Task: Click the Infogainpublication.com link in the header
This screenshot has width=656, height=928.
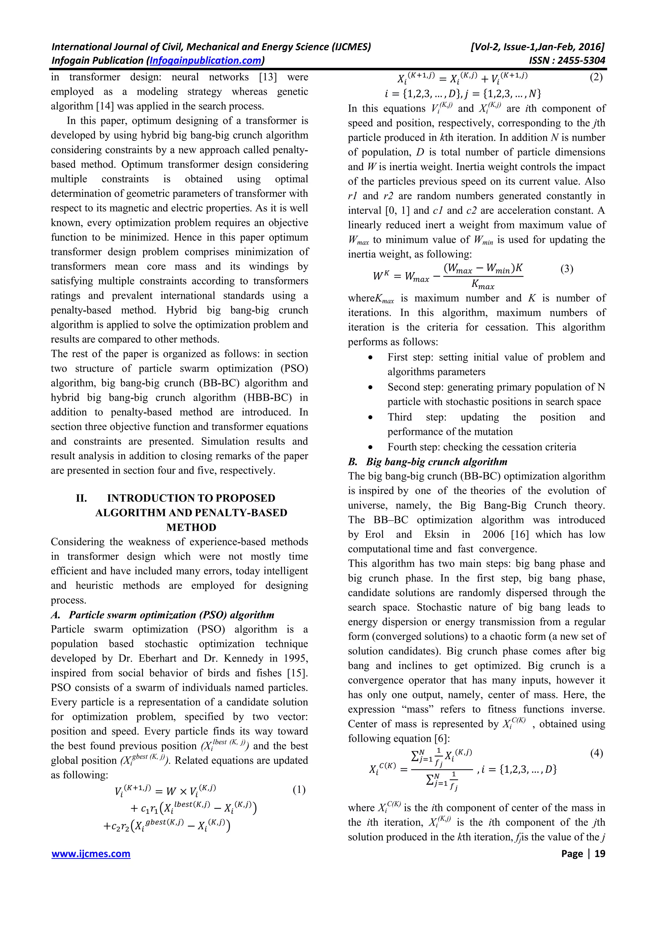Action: [205, 61]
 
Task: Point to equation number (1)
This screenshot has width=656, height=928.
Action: [299, 790]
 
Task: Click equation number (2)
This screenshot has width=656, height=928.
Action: [596, 77]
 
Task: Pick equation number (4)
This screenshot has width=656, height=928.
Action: [596, 753]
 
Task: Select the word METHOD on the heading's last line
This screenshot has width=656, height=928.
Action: [191, 527]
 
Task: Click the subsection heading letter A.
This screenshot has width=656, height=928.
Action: [56, 615]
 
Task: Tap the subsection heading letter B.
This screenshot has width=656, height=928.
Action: [352, 461]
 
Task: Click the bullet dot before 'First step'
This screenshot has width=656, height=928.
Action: [370, 358]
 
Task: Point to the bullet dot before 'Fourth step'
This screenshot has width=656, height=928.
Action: [370, 447]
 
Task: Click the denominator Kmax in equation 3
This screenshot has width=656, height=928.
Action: [483, 285]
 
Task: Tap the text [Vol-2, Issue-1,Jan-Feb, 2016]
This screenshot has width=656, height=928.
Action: [537, 47]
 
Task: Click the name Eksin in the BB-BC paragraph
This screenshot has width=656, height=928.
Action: [437, 534]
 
